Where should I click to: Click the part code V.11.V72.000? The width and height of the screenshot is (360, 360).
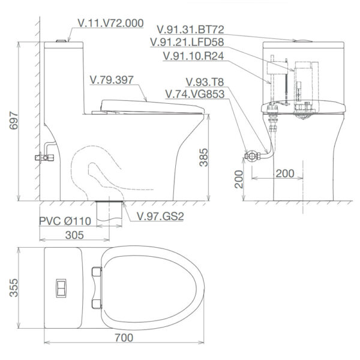pos(110,23)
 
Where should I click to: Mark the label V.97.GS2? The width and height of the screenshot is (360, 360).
pos(160,216)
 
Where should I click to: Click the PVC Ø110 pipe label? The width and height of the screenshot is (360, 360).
pos(65,221)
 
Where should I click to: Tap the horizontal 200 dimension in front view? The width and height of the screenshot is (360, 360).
pos(284,173)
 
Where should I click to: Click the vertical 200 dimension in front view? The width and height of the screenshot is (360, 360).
pos(239,178)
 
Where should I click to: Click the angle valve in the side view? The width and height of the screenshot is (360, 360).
pos(44,158)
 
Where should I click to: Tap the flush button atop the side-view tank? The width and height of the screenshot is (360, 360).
pos(60,41)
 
